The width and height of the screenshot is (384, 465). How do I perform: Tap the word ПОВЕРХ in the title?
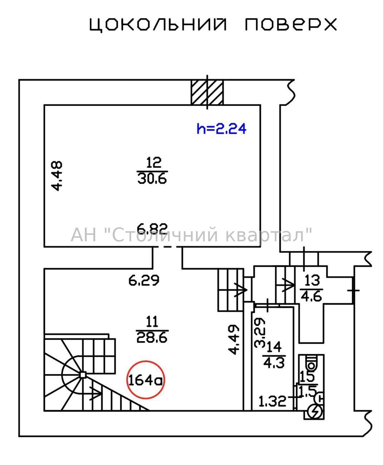click(x=291, y=24)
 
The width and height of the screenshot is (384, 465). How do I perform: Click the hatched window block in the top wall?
click(x=207, y=92)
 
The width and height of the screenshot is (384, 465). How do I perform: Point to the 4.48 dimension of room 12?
click(x=57, y=176)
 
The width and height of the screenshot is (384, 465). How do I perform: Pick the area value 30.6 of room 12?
click(x=152, y=179)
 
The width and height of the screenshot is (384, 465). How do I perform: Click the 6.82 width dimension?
click(x=152, y=229)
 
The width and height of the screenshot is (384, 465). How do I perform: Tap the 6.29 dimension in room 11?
click(x=144, y=280)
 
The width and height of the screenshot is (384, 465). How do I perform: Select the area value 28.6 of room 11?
click(x=152, y=338)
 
